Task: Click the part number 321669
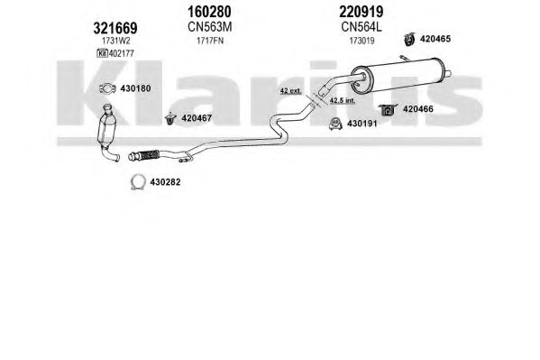click(x=115, y=28)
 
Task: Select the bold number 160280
click(x=209, y=12)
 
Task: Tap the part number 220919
click(x=361, y=12)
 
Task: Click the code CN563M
click(x=209, y=26)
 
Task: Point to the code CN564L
click(x=362, y=26)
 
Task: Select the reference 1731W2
click(x=115, y=41)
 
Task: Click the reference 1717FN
click(x=210, y=41)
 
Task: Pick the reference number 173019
click(x=362, y=41)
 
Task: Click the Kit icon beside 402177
click(x=102, y=53)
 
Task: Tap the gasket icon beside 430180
click(x=107, y=88)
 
